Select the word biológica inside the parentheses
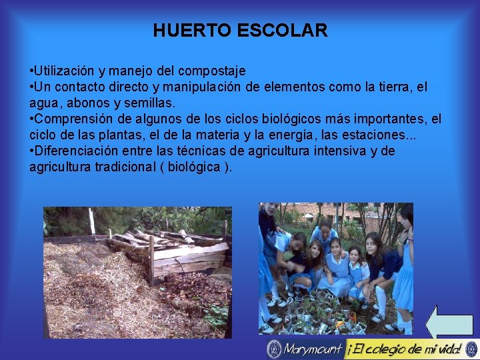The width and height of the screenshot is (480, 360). [191, 167]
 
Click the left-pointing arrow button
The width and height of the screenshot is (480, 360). [449, 323]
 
